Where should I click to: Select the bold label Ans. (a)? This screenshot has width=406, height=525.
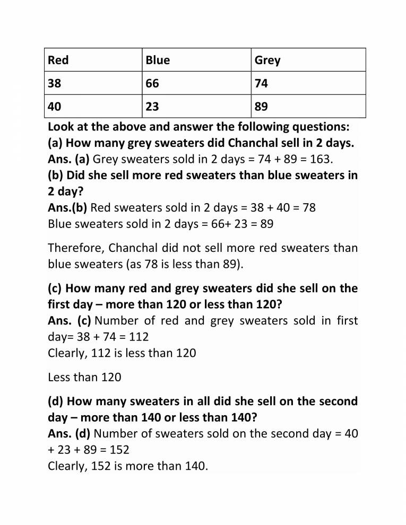(68, 159)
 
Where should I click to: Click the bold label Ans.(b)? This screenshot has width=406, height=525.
(67, 207)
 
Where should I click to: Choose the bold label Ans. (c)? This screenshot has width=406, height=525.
(69, 321)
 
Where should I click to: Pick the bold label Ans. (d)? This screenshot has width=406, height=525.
(69, 434)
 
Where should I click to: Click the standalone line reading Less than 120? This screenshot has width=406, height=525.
(84, 378)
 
